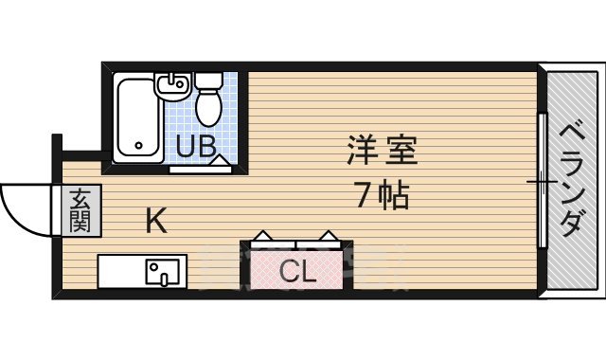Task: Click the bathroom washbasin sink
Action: [x=173, y=86]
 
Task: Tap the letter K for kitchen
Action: [x=156, y=222]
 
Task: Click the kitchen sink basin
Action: [x=160, y=273]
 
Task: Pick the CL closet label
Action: [x=296, y=272]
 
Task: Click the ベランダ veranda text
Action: [x=570, y=180]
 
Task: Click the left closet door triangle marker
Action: [x=263, y=235]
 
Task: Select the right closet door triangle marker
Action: [x=328, y=235]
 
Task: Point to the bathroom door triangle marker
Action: [x=219, y=161]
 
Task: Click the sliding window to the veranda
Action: [x=542, y=180]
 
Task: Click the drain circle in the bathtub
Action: [x=138, y=147]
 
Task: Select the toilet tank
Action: [x=208, y=81]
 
